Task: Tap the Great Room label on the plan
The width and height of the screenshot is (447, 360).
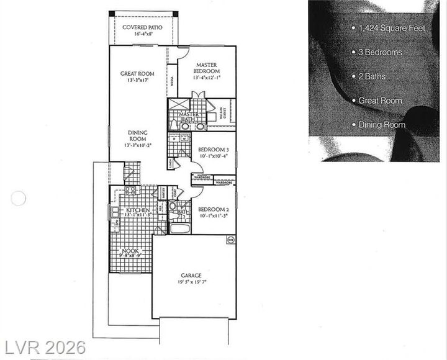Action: coord(137,74)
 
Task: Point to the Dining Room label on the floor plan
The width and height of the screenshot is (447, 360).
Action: coord(137,136)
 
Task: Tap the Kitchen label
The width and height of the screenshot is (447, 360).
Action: coord(138,210)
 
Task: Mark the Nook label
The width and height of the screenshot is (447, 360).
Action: coord(130,250)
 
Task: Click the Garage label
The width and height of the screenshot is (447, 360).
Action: coord(192,275)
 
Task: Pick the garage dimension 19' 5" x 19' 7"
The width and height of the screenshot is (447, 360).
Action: coord(192,282)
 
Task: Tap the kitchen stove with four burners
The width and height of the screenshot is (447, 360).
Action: coord(130,191)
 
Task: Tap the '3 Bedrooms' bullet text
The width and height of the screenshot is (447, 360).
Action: coord(380,52)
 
